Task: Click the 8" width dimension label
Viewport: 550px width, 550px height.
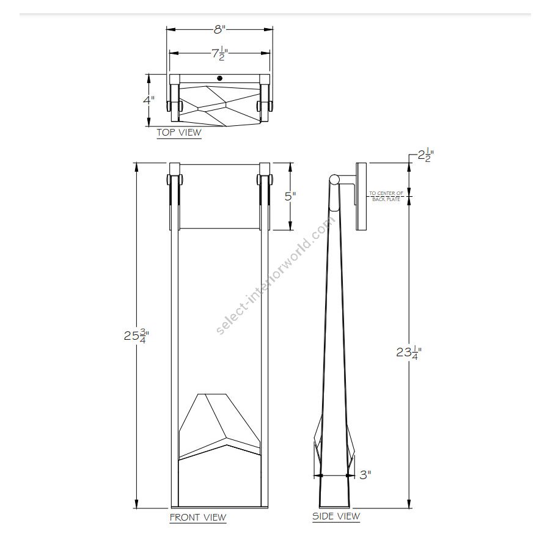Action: [219, 29]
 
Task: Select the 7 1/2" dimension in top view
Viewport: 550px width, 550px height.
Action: [219, 54]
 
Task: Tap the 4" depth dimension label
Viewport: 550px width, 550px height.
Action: [148, 100]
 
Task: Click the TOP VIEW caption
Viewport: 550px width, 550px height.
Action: [179, 133]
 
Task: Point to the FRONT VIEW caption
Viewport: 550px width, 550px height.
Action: [198, 518]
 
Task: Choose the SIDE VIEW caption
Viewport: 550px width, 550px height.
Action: [336, 516]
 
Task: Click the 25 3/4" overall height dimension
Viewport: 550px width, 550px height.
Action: [136, 335]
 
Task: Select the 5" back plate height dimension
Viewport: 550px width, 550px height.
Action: [290, 196]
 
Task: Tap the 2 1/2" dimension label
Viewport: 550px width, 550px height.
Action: [426, 155]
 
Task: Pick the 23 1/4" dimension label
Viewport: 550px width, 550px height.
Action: [409, 351]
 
